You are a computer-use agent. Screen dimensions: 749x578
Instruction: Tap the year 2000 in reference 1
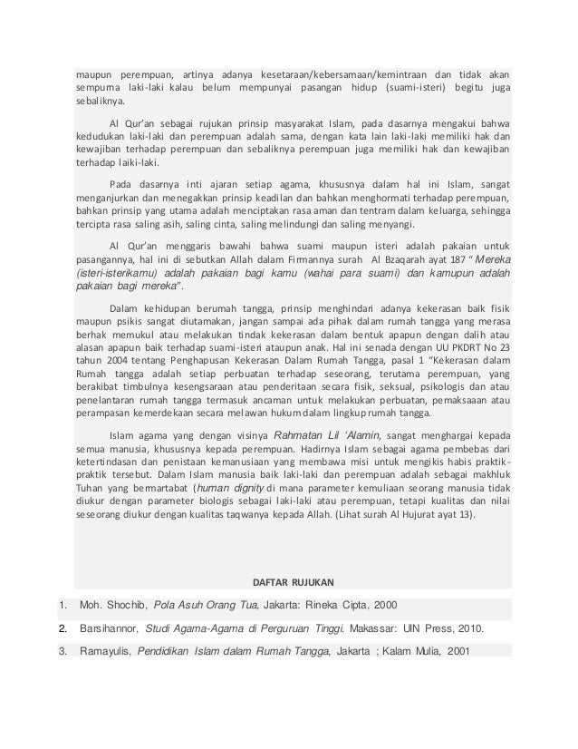coord(384,604)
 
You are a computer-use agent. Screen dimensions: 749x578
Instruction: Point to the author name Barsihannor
coord(111,627)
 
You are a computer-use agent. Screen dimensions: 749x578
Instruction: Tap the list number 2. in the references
coord(63,627)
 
